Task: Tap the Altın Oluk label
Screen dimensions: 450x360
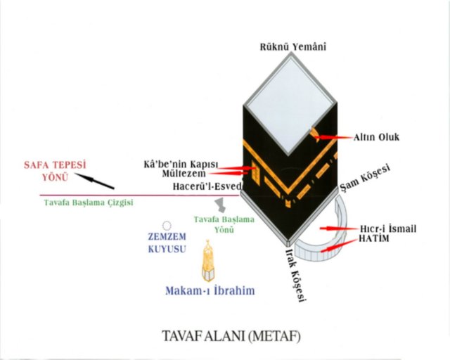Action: coord(375,136)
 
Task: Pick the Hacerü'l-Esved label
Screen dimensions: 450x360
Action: coord(207,187)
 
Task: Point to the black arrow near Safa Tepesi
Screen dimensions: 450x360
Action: coord(94,181)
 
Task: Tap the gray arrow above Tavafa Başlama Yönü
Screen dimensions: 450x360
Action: coord(222,204)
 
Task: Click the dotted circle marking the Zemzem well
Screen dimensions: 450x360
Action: coord(167,226)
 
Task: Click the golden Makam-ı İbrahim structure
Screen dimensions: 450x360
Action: coord(208,262)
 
